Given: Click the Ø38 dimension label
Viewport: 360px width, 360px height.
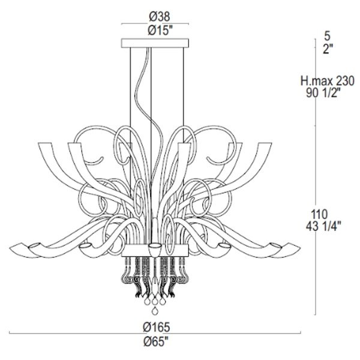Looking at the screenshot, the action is [160, 17].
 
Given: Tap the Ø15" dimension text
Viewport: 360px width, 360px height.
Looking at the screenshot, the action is [160, 30].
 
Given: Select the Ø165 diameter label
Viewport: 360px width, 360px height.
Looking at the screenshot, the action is [157, 327].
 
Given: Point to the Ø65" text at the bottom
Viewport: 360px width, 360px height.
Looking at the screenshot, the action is [156, 342].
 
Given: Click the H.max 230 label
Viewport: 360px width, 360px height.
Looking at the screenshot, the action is [328, 81].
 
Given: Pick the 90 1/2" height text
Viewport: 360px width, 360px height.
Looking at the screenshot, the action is [323, 93].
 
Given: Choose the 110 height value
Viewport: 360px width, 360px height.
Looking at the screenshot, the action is [319, 215].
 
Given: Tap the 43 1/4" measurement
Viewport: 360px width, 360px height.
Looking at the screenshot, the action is [323, 226].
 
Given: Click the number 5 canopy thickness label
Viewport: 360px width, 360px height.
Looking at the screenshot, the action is [328, 36].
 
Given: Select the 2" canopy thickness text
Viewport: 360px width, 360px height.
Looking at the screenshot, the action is [328, 49].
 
